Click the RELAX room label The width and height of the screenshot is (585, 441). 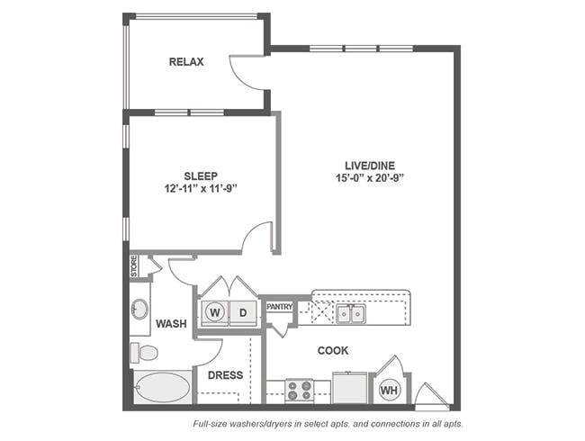(x=186, y=62)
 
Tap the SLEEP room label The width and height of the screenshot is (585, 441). (x=201, y=176)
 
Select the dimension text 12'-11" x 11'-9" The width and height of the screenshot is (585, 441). (x=201, y=189)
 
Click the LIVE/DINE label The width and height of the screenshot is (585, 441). (x=370, y=166)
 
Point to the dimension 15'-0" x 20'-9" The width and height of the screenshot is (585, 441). (x=370, y=178)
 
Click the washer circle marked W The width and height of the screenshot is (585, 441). (x=214, y=312)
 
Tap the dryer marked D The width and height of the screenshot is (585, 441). (x=243, y=312)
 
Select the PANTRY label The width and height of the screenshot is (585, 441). (x=279, y=307)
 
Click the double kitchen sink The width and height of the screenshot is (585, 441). (x=351, y=314)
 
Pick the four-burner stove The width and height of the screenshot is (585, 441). (x=299, y=391)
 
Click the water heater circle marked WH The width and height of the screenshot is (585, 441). (x=390, y=391)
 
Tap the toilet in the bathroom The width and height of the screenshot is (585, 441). (x=144, y=353)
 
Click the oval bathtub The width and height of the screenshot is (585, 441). (x=162, y=387)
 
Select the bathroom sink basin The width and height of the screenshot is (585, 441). (x=139, y=310)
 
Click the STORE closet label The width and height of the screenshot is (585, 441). (x=133, y=266)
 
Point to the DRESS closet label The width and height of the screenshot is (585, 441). (x=225, y=375)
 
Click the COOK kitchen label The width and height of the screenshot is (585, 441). (x=333, y=351)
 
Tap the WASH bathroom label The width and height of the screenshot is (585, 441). (x=171, y=324)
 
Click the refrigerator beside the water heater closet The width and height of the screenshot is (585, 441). (x=349, y=388)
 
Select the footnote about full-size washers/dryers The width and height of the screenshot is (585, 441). (x=328, y=424)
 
